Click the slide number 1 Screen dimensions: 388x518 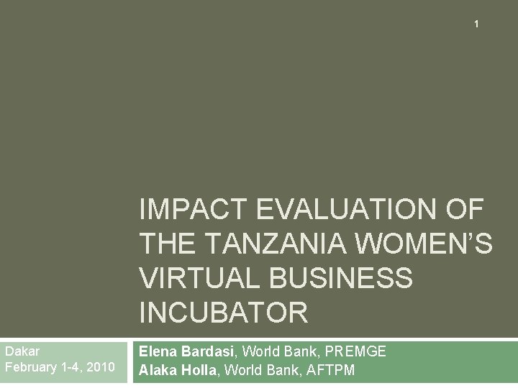point(476,24)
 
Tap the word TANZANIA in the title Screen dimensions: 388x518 point(280,244)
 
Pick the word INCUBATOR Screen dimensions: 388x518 point(223,313)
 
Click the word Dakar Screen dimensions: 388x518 point(22,351)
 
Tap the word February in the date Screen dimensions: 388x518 point(31,367)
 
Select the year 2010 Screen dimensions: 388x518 point(99,367)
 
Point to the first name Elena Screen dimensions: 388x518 point(158,351)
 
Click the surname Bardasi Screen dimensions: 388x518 point(208,351)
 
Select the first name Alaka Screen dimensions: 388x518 point(158,370)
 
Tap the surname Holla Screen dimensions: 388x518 point(202,370)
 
